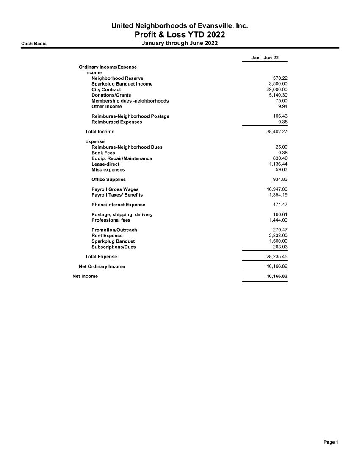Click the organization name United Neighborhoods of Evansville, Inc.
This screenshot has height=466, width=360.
pyautogui.click(x=180, y=26)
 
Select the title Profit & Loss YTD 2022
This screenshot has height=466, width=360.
pyautogui.click(x=180, y=35)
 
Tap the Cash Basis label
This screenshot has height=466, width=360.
pyautogui.click(x=34, y=43)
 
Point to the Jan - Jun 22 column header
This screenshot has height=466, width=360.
pyautogui.click(x=265, y=58)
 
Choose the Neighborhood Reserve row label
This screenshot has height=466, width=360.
pyautogui.click(x=117, y=78)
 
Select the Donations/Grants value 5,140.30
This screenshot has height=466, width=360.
pyautogui.click(x=275, y=95)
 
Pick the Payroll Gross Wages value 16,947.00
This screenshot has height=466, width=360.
pyautogui.click(x=274, y=189)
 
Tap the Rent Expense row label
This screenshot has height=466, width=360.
pyautogui.click(x=107, y=236)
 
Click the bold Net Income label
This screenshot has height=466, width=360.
pyautogui.click(x=85, y=276)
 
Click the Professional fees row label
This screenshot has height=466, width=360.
pyautogui.click(x=111, y=220)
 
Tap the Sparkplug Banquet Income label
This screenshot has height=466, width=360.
pyautogui.click(x=122, y=84)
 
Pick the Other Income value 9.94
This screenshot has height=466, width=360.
pyautogui.click(x=282, y=106)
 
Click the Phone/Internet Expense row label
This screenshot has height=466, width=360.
pyautogui.click(x=118, y=205)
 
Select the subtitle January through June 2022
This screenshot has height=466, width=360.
pyautogui.click(x=180, y=43)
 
